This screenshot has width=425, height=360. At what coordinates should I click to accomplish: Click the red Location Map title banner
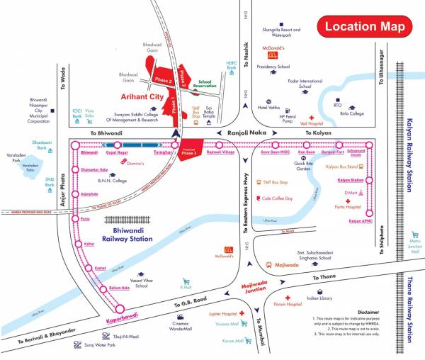pos(364,27)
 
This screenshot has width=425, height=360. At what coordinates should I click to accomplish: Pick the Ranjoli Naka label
pos(245,133)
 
